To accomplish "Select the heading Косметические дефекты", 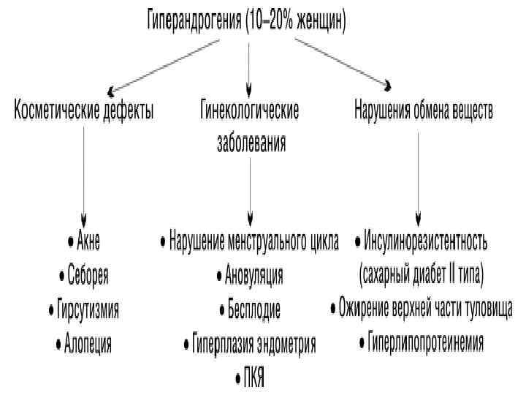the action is pyautogui.click(x=84, y=111).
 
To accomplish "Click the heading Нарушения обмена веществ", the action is pyautogui.click(x=424, y=111).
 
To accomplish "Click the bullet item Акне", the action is pyautogui.click(x=87, y=241).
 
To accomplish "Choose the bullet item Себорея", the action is pyautogui.click(x=87, y=275).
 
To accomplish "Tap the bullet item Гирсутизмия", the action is pyautogui.click(x=87, y=309).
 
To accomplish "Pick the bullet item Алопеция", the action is pyautogui.click(x=87, y=343).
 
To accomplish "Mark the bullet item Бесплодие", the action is pyautogui.click(x=252, y=309).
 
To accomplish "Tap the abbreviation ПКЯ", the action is pyautogui.click(x=253, y=378).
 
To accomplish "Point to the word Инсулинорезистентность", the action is pyautogui.click(x=424, y=241).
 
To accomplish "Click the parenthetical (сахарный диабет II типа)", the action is pyautogui.click(x=422, y=275).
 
